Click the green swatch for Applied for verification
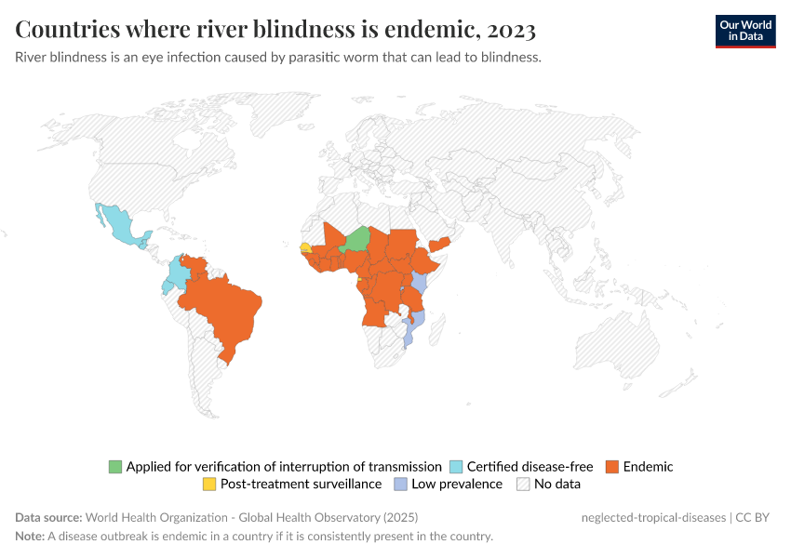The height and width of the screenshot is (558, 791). [x=115, y=467]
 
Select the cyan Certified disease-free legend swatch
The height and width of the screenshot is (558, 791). [x=456, y=467]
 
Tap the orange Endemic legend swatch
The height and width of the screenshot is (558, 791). [x=612, y=467]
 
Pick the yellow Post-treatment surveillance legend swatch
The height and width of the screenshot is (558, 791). [x=209, y=485]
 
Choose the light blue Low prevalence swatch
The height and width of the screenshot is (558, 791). [x=400, y=485]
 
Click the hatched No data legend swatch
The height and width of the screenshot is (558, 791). [x=523, y=485]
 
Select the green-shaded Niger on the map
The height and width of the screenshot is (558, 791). [x=356, y=240]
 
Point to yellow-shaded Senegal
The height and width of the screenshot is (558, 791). [x=305, y=248]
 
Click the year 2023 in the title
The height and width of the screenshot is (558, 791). [x=510, y=30]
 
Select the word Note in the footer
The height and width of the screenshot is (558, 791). [x=30, y=537]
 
